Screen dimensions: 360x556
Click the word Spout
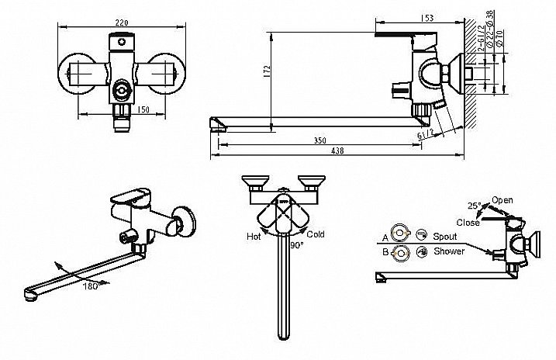click(447, 236)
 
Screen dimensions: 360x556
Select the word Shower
click(450, 251)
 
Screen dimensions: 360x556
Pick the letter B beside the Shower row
click(385, 251)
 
